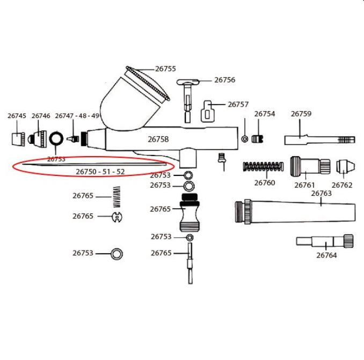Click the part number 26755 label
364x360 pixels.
(x=165, y=69)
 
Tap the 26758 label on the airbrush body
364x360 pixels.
(x=158, y=139)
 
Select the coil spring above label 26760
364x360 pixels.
(x=263, y=166)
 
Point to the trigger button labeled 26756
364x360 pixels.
(x=188, y=101)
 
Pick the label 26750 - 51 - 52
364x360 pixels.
(x=100, y=172)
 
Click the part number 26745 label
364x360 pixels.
(x=17, y=116)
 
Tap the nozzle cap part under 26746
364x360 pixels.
(x=37, y=139)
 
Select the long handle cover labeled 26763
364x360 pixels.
(x=295, y=212)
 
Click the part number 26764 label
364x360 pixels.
(x=326, y=255)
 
